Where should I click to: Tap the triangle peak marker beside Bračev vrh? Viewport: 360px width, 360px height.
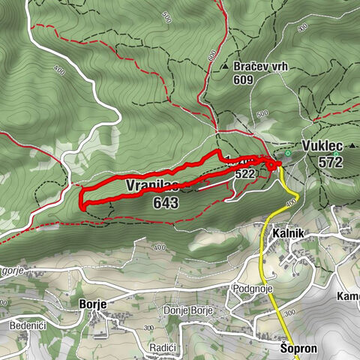coord(225,67)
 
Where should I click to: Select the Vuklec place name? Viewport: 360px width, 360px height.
coord(321,145)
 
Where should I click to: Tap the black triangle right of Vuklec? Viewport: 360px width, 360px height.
coord(352,144)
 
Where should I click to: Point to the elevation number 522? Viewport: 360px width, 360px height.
coord(244,173)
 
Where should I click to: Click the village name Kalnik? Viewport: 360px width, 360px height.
coord(286,233)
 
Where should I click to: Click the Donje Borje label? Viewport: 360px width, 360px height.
coord(188,310)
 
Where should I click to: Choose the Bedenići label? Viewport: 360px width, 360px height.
coord(27,325)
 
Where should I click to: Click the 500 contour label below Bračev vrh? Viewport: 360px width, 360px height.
coord(262,114)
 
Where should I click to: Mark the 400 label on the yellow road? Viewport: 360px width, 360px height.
coord(291,202)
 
